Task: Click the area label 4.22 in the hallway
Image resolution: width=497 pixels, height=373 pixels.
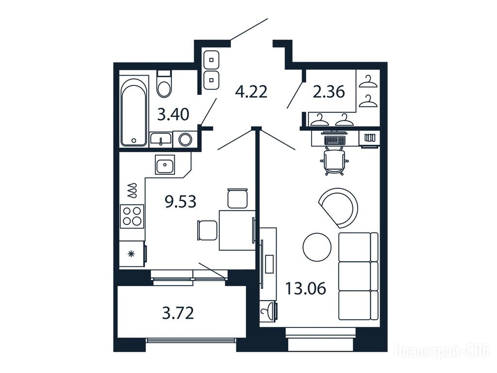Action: point(251,92)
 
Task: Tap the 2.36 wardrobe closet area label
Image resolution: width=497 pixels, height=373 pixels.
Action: point(329,92)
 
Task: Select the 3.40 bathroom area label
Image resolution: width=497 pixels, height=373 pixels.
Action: point(173,114)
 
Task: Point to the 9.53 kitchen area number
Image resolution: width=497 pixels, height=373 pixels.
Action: point(181,202)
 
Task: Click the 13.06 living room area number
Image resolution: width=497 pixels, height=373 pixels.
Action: point(306,288)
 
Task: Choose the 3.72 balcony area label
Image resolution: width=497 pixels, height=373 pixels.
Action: point(178,313)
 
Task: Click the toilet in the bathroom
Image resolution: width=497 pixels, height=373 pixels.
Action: point(164,84)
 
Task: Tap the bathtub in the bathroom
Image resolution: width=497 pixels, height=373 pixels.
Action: point(134,111)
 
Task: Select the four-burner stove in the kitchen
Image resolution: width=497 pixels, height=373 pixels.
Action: point(132,216)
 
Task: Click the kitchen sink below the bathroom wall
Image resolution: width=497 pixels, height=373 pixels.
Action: point(165,164)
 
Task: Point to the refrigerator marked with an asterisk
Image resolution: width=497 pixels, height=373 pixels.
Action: point(133,254)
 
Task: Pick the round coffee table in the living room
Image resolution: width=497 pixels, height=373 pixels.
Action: point(317,247)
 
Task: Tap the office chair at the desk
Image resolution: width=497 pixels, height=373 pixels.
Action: point(334,161)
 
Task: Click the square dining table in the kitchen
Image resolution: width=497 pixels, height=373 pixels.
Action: point(237,230)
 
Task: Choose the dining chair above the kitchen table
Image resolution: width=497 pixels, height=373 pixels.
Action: point(237,198)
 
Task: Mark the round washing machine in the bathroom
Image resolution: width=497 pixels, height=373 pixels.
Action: point(185,139)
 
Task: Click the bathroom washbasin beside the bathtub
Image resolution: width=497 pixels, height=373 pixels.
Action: point(161,139)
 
